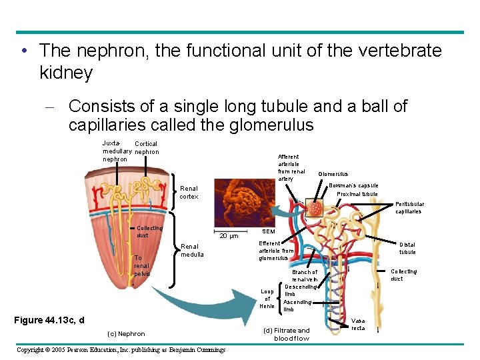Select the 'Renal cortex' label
click(x=189, y=193)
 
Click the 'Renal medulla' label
click(x=193, y=250)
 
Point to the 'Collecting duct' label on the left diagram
click(x=149, y=231)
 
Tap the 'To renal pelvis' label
click(x=142, y=266)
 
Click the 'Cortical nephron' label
click(x=146, y=147)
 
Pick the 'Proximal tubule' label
click(x=357, y=194)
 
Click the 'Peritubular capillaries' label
click(x=408, y=207)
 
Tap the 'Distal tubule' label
click(x=407, y=248)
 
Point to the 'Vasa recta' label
click(x=358, y=324)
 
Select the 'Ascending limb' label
click(x=297, y=305)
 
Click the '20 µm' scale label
click(x=229, y=235)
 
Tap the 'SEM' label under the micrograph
click(x=266, y=231)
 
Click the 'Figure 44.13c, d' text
click(x=49, y=320)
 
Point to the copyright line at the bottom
click(x=121, y=349)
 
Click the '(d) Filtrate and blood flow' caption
click(x=287, y=334)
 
